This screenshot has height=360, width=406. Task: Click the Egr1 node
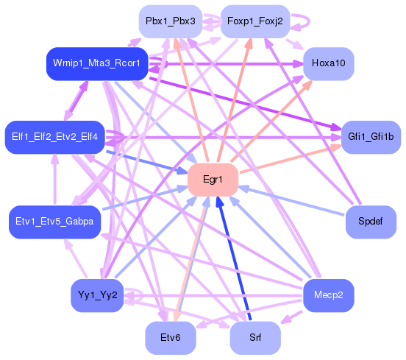point(213,180)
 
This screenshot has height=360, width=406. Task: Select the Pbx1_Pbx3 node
point(170,21)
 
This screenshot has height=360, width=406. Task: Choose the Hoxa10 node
point(328,63)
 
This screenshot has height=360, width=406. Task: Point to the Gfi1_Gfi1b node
point(371,138)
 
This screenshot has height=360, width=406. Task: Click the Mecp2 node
point(328,296)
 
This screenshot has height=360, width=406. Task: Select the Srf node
point(255,338)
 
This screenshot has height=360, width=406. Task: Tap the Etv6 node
point(170,338)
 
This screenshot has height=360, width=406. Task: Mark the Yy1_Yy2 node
point(97,296)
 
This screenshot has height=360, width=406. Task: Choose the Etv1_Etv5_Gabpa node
point(54,221)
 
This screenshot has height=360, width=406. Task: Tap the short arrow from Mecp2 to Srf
point(293,318)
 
